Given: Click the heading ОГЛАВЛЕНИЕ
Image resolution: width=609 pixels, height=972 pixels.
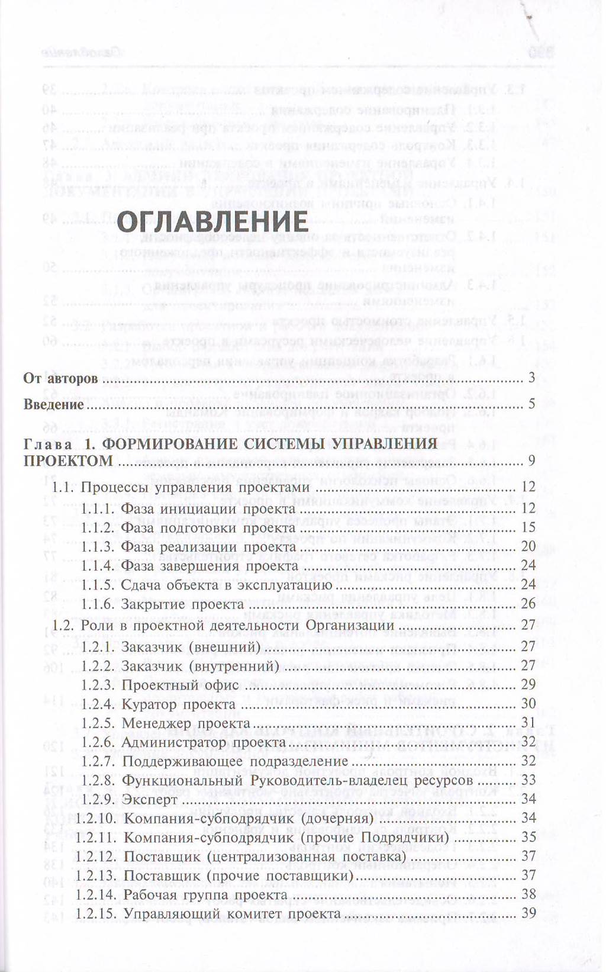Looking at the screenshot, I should click(212, 222).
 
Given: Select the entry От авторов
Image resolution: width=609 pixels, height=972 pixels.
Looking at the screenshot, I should click(60, 378).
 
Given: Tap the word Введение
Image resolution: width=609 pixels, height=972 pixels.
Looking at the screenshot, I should click(53, 405).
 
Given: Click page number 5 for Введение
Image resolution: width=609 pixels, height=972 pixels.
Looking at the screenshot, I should click(531, 404).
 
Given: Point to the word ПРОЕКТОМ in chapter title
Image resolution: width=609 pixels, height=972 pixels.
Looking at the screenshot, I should click(67, 461).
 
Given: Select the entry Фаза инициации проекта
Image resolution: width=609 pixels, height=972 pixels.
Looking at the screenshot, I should click(208, 508).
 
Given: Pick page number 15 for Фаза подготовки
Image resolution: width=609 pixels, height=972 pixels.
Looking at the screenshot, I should click(528, 527).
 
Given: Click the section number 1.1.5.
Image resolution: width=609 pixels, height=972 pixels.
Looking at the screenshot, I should click(98, 585).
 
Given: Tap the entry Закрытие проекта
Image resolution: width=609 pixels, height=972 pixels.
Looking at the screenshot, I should click(182, 604).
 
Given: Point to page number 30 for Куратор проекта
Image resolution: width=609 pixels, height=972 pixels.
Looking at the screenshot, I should click(528, 703).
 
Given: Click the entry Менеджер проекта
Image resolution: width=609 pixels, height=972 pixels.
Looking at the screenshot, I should click(186, 723).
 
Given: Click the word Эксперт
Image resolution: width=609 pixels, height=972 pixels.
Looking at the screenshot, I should click(150, 800).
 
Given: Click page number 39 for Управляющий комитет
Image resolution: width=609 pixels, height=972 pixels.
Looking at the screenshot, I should click(528, 913).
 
